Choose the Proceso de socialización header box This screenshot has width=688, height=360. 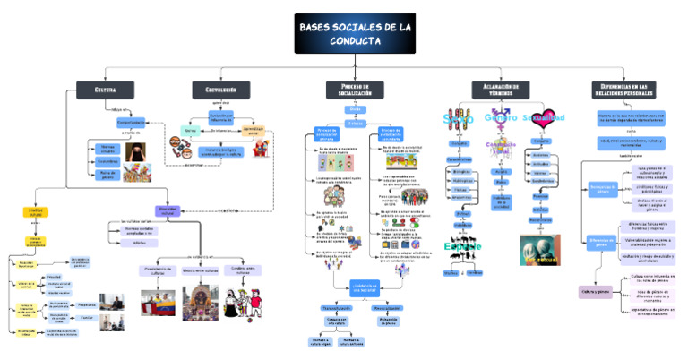pos(355,89)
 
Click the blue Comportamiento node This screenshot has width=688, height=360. pos(132,122)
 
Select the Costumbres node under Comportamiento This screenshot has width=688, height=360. pos(107,161)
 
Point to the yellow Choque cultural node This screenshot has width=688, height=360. pos(37,213)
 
